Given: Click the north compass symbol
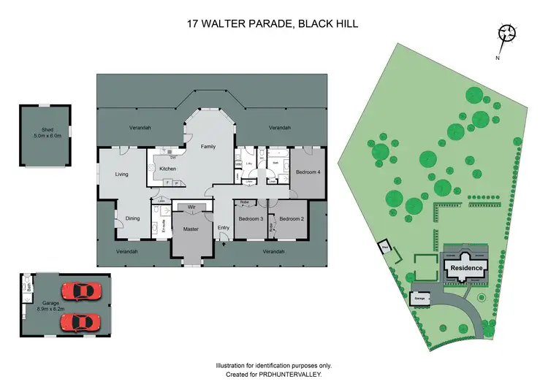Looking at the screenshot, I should [506, 34].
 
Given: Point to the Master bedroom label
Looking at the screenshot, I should [191, 229].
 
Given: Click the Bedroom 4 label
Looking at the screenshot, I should [308, 172].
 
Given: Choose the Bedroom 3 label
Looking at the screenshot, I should [251, 219].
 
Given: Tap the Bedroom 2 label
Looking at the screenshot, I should [292, 219].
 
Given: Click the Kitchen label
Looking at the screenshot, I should [169, 169].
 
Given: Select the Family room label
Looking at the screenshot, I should [209, 147].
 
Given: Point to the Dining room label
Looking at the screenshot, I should [132, 218].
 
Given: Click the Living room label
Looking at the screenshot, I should [121, 175].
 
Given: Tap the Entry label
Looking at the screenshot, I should [224, 229].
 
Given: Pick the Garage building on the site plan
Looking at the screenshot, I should [419, 299].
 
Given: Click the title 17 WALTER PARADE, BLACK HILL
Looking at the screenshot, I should [274, 23].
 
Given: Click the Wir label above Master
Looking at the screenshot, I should [191, 207].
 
